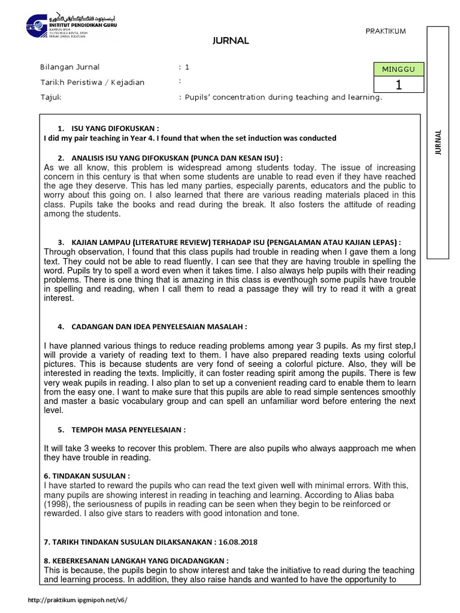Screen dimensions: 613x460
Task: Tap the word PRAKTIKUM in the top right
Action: point(386,31)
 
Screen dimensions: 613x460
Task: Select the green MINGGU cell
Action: point(398,70)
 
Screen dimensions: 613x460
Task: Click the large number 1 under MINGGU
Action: point(398,85)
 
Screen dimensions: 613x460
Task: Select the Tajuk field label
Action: point(50,97)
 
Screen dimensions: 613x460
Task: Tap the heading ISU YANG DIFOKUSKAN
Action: point(115,128)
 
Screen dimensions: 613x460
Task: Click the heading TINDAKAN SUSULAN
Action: point(87,476)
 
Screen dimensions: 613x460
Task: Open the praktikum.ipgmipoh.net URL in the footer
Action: point(78,599)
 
